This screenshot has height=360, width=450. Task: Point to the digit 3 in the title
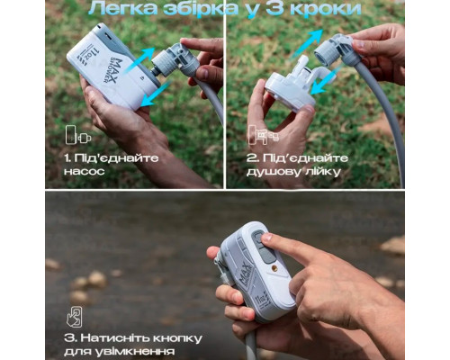(283, 10)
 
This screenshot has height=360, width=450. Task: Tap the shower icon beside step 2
(258, 136)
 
